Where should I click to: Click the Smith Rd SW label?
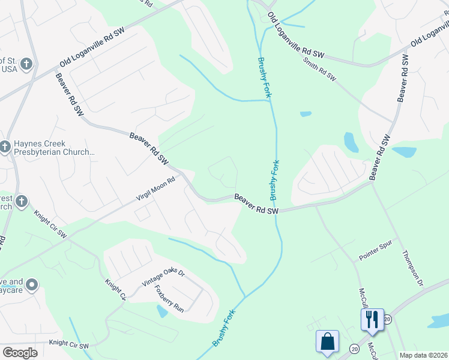click(319, 70)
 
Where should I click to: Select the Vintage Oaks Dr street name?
click(163, 278)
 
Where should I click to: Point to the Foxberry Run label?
click(169, 298)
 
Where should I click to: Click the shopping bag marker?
click(327, 341)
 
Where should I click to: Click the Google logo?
click(20, 352)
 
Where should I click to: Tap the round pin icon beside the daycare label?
click(32, 284)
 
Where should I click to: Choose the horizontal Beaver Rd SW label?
click(256, 204)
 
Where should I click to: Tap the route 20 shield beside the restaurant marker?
click(387, 319)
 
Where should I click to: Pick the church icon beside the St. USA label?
click(25, 63)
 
